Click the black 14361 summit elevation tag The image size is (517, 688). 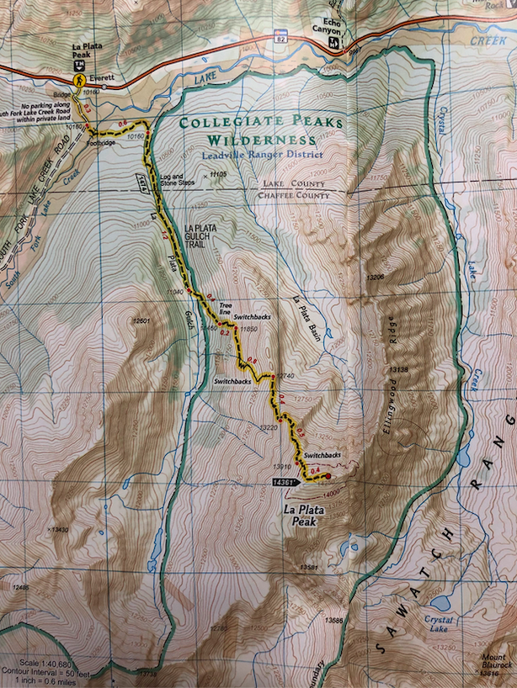click(x=286, y=483)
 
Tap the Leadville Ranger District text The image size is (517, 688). click(x=262, y=154)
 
